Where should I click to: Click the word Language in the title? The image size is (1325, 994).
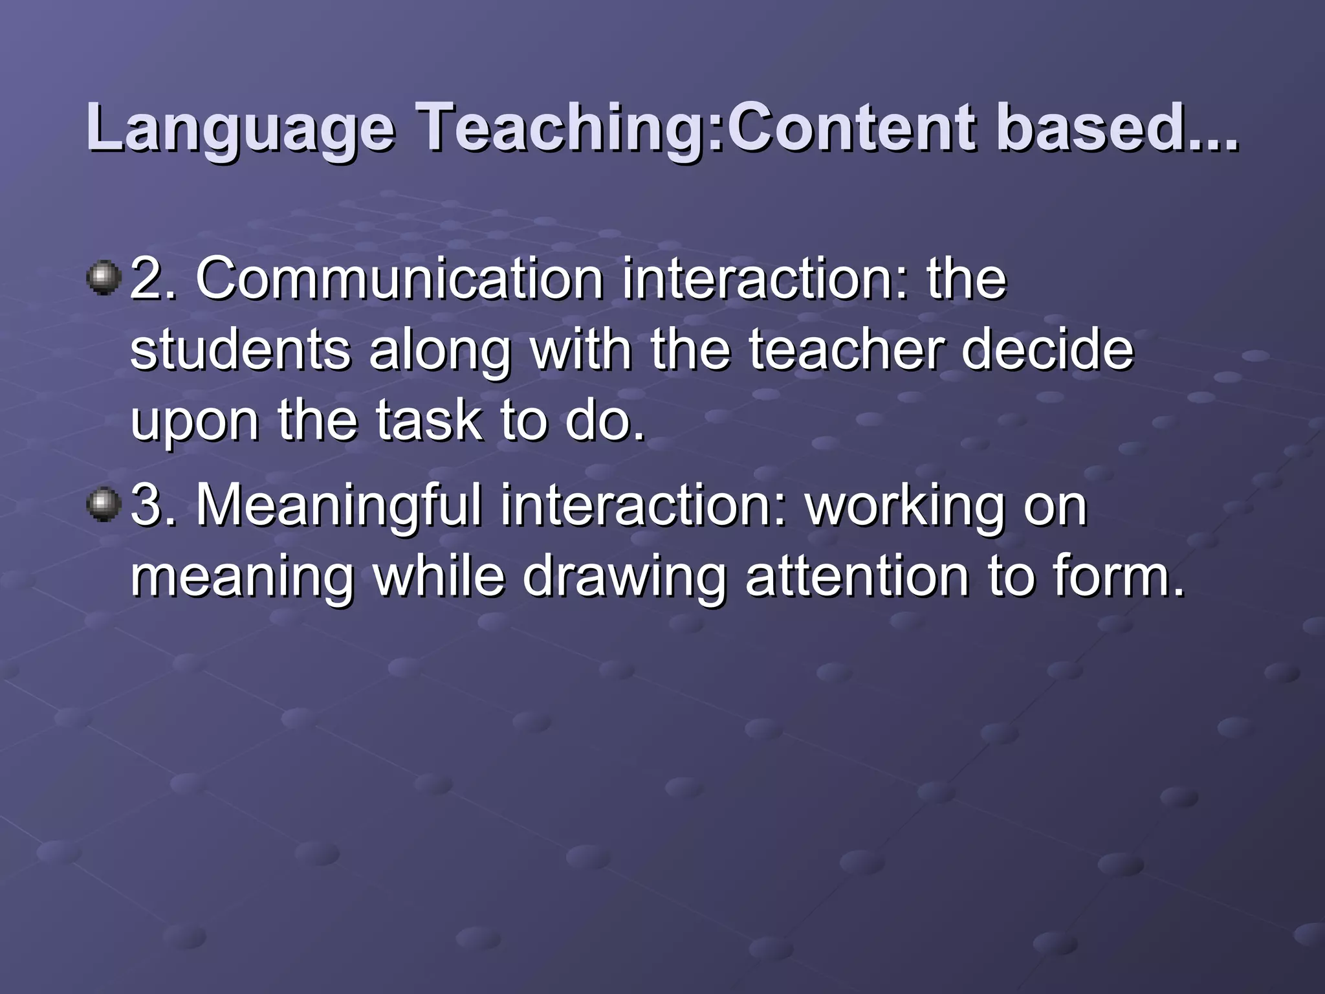[x=240, y=129]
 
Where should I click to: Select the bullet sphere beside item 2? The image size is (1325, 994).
[x=104, y=278]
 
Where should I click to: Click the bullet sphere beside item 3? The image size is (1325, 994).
[x=104, y=505]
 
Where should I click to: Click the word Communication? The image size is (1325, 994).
[x=400, y=279]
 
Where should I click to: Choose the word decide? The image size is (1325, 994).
[x=1047, y=350]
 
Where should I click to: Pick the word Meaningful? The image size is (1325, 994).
[x=339, y=505]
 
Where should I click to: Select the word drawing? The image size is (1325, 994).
[x=625, y=578]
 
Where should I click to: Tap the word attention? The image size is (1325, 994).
[x=857, y=577]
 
